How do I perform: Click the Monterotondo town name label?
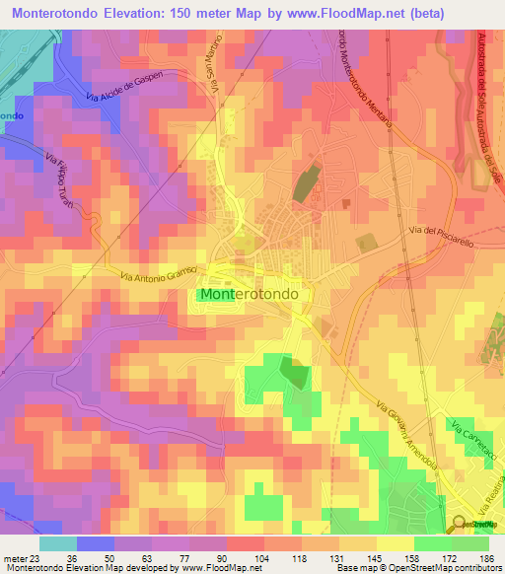point(255,294)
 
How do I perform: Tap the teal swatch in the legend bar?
point(57,543)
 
